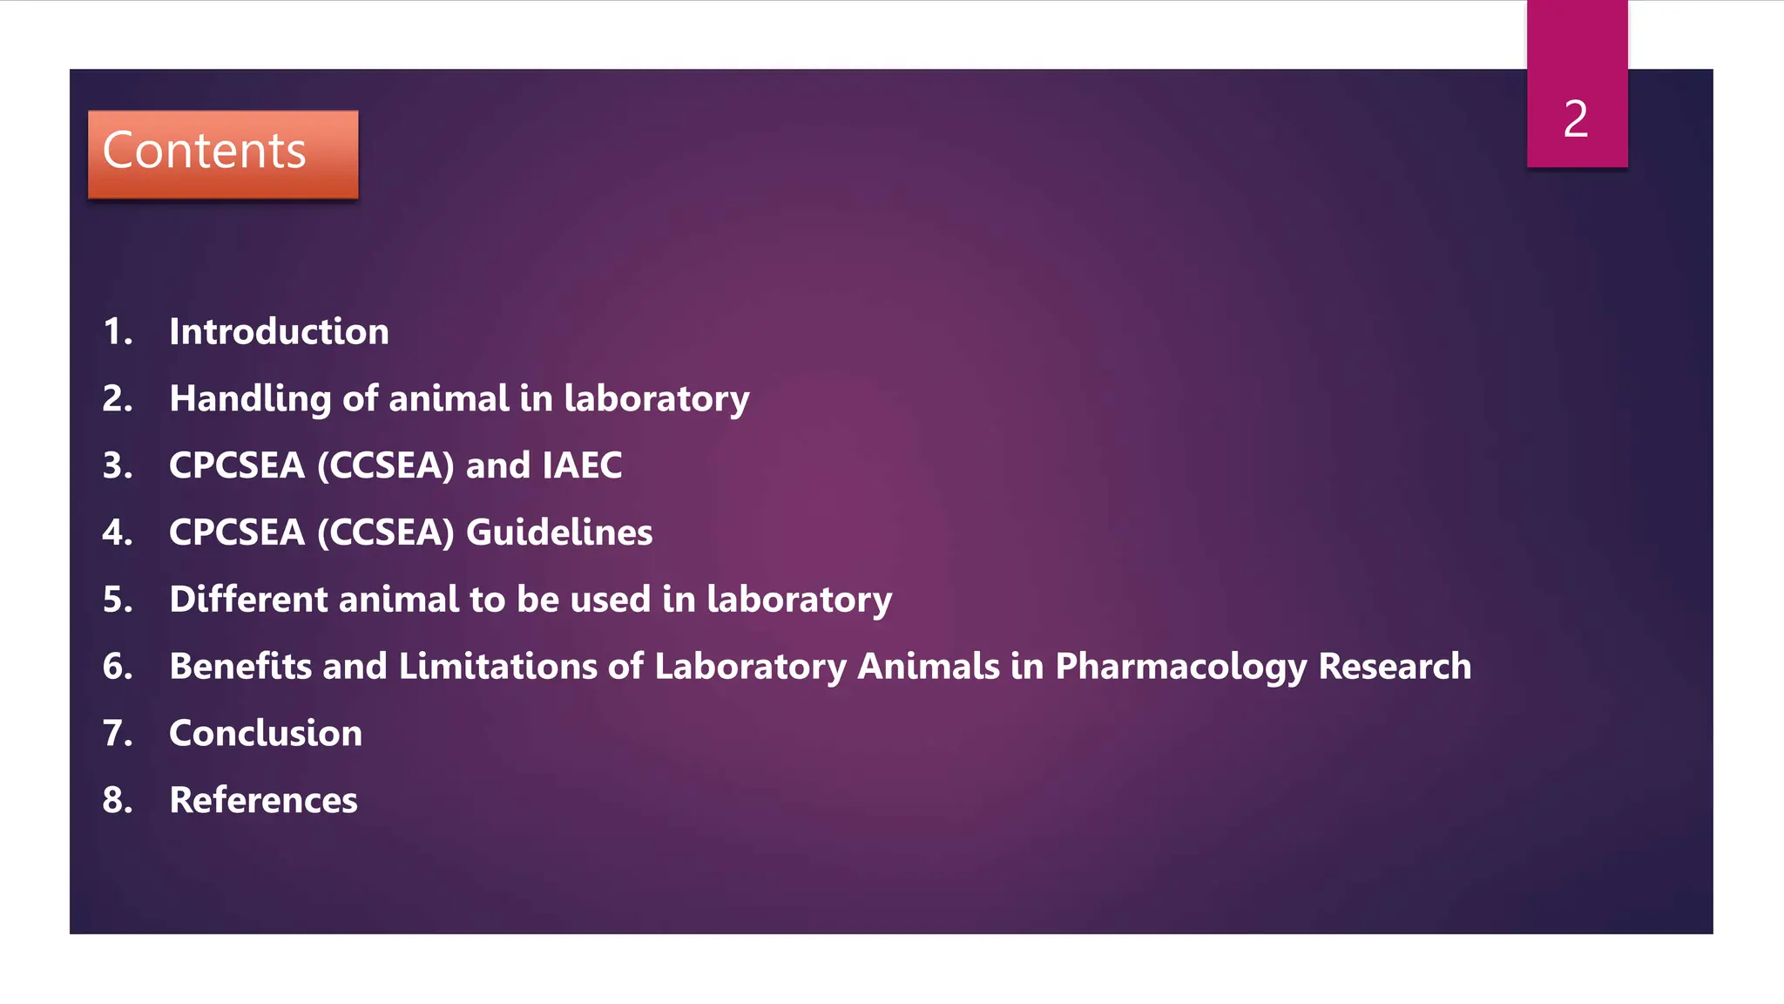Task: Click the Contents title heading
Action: pyautogui.click(x=204, y=151)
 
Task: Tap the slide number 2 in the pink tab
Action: pyautogui.click(x=1575, y=119)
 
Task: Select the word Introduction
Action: pyautogui.click(x=279, y=332)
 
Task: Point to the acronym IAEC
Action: pyautogui.click(x=582, y=465)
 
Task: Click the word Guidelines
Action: pyautogui.click(x=559, y=533)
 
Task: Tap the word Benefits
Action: pyautogui.click(x=240, y=667)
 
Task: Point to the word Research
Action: pyautogui.click(x=1395, y=667)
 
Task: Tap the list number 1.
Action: pyautogui.click(x=117, y=332)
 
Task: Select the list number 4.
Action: pyautogui.click(x=117, y=533)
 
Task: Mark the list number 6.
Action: pyautogui.click(x=117, y=667)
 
